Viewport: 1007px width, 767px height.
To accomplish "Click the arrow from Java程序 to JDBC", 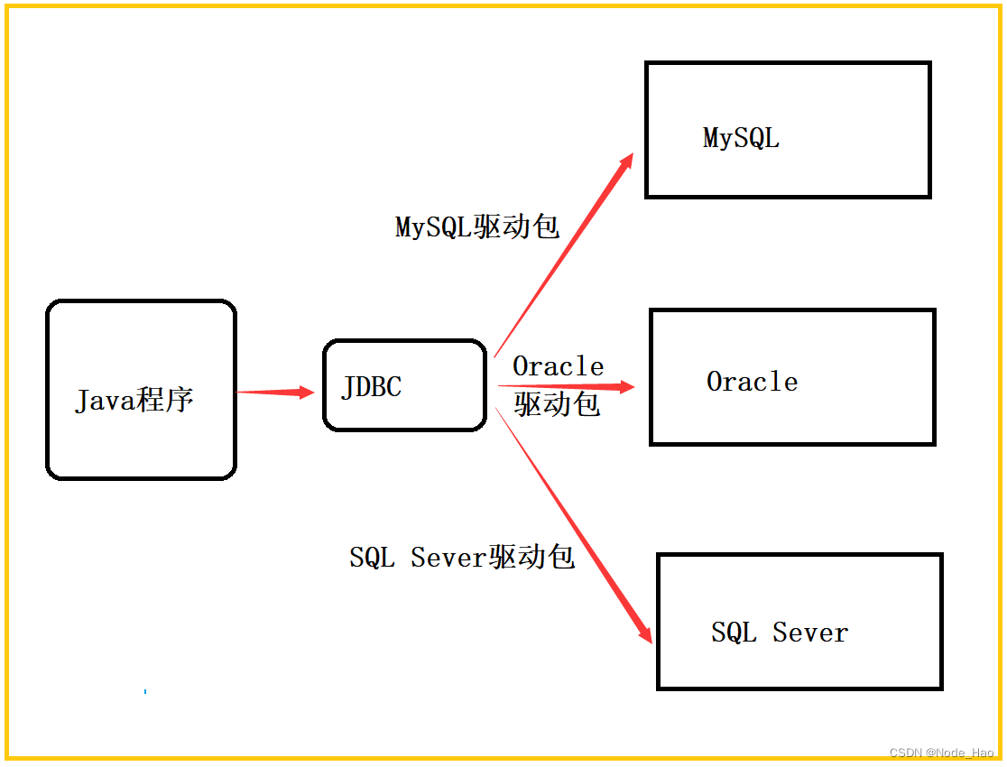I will [x=275, y=393].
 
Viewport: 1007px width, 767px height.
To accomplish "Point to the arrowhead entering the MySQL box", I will [x=625, y=162].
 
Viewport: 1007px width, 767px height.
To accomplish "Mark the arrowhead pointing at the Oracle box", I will [x=624, y=387].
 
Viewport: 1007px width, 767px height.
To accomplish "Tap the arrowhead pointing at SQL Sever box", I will [x=644, y=632].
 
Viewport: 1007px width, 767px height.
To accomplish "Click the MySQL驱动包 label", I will [x=477, y=226].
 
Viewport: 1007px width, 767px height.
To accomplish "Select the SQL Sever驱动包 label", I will [x=462, y=557].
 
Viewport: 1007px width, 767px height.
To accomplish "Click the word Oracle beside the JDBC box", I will [x=558, y=366].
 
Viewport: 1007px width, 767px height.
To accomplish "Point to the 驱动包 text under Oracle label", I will [x=557, y=403].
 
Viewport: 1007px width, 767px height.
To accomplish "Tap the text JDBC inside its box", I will [x=371, y=387].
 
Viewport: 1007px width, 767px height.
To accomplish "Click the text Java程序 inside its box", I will [x=134, y=400].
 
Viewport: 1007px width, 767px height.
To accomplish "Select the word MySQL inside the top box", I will [x=741, y=138].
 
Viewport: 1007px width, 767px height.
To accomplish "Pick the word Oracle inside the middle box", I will [x=752, y=382].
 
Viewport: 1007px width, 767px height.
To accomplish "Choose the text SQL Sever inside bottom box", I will [x=780, y=633].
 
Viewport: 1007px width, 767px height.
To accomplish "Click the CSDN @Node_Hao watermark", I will [x=941, y=753].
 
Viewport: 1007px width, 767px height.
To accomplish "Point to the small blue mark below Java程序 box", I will [x=145, y=691].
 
